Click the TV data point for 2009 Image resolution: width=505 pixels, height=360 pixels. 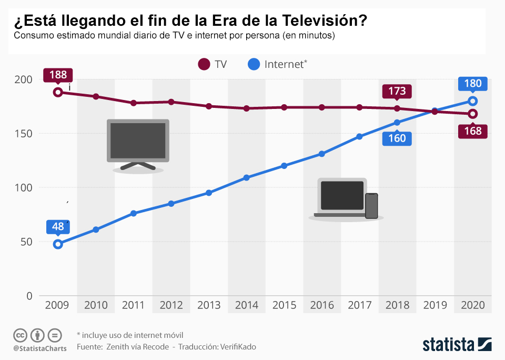pyautogui.click(x=58, y=92)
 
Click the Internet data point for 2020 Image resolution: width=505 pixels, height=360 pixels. pyautogui.click(x=473, y=101)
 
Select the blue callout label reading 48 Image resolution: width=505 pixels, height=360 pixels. pyautogui.click(x=58, y=227)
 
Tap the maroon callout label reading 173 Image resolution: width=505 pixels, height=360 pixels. pyautogui.click(x=397, y=91)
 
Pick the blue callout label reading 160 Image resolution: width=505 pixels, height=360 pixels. pyautogui.click(x=397, y=138)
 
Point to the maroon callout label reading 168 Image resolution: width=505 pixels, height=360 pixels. pyautogui.click(x=473, y=131)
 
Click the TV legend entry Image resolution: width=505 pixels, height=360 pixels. pyautogui.click(x=213, y=64)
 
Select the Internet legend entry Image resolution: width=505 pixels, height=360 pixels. pyautogui.click(x=277, y=64)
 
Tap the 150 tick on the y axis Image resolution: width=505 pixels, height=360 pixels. pyautogui.click(x=23, y=134)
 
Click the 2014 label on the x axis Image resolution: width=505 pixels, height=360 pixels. pyautogui.click(x=247, y=305)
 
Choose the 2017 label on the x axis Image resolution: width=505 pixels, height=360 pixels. pyautogui.click(x=360, y=305)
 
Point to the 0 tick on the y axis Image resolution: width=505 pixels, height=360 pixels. pyautogui.click(x=29, y=296)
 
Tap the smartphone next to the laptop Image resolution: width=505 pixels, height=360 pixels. pyautogui.click(x=371, y=206)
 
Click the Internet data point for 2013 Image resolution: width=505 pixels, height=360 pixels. pyautogui.click(x=209, y=193)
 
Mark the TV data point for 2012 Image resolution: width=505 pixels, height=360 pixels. pyautogui.click(x=171, y=102)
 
